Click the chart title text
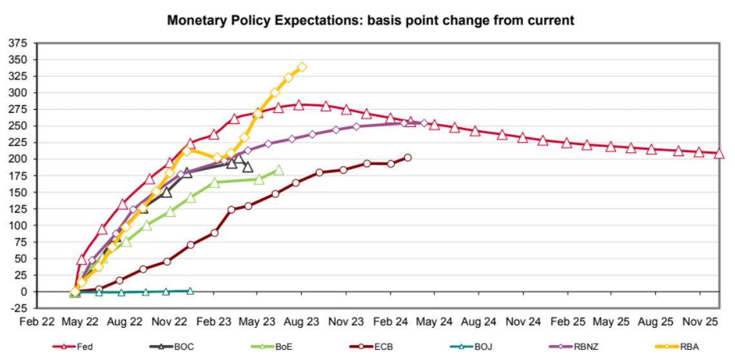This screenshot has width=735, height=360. (371, 21)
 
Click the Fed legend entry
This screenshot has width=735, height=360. (84, 346)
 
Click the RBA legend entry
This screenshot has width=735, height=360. (688, 346)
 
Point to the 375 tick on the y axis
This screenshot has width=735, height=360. (19, 43)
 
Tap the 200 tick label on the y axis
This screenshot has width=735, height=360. (19, 159)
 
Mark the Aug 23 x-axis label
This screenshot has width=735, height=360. (302, 321)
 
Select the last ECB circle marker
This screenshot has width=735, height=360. (407, 157)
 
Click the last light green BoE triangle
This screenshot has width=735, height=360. (279, 170)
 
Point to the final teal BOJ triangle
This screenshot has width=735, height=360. (190, 290)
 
